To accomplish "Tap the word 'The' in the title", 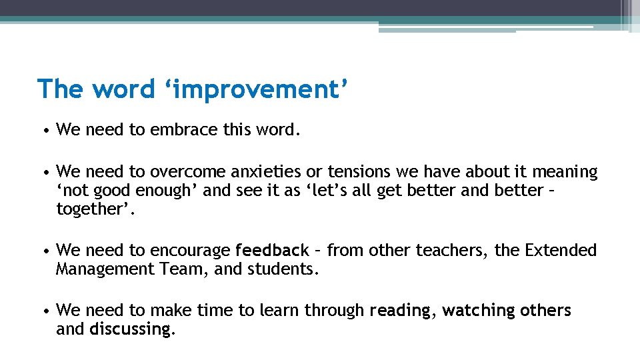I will click(x=61, y=89).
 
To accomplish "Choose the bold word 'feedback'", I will click(x=272, y=251).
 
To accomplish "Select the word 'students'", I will click(x=282, y=269).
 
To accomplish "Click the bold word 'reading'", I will click(x=400, y=311).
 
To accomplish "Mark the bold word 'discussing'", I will click(x=131, y=329).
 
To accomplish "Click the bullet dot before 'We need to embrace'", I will click(x=43, y=130).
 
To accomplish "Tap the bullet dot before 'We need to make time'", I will click(x=43, y=311).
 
